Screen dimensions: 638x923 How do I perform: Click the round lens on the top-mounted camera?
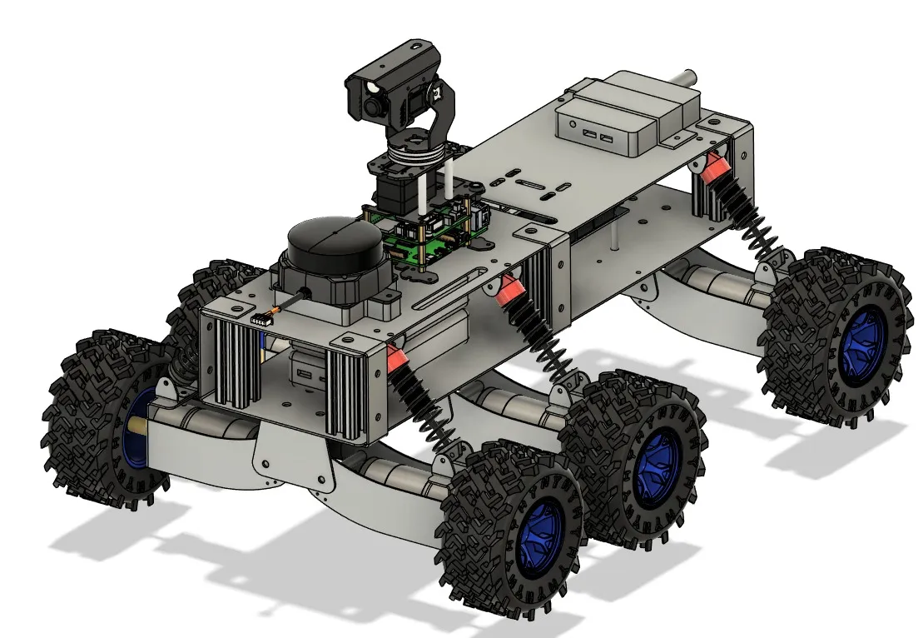pyautogui.click(x=371, y=105)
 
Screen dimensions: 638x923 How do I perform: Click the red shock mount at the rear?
pyautogui.click(x=712, y=170)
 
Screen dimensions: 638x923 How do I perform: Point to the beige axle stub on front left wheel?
pyautogui.click(x=137, y=429)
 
